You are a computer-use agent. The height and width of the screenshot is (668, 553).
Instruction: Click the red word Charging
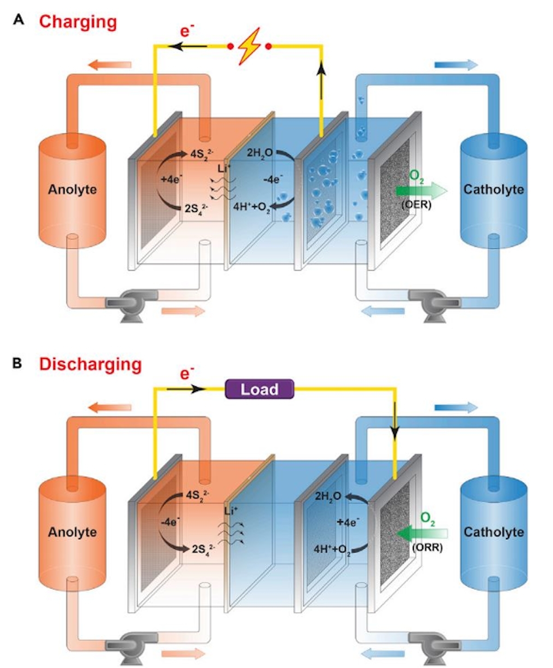[78, 22]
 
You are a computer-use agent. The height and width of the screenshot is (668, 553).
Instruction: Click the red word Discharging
[90, 364]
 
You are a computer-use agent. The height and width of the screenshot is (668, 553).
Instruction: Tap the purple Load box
[259, 389]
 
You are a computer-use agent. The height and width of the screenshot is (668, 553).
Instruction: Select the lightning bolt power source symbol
[249, 46]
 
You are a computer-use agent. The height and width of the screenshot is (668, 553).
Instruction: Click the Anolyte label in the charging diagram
[72, 189]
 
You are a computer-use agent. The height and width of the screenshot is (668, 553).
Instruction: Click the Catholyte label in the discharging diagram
[494, 532]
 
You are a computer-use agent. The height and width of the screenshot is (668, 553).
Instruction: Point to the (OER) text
[416, 205]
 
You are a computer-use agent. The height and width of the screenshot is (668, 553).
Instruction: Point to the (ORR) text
[427, 547]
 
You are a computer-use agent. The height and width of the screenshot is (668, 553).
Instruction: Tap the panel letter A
[19, 20]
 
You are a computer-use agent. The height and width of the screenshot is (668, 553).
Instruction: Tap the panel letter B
[18, 363]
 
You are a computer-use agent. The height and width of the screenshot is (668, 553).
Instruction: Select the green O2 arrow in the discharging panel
[421, 533]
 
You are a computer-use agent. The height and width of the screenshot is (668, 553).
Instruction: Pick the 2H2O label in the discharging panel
[328, 496]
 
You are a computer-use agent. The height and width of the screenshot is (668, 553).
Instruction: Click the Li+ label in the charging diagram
[224, 168]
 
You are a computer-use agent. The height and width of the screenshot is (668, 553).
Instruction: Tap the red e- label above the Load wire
[187, 373]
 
